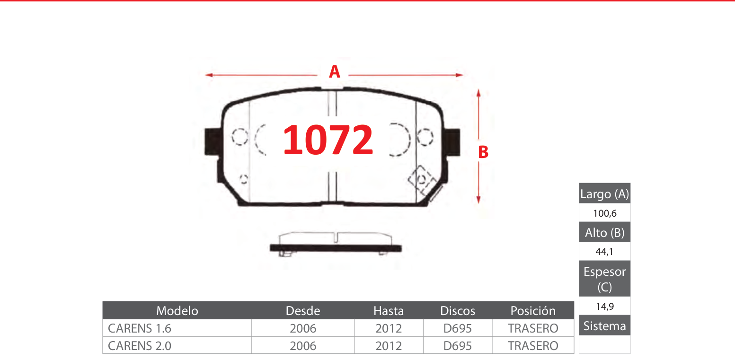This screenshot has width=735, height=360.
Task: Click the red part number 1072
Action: point(328,140)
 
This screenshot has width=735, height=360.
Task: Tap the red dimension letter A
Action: point(334,71)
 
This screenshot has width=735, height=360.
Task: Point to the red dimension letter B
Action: point(483,152)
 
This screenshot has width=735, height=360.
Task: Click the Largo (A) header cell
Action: point(604,193)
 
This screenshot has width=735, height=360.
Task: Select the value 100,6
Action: point(604,213)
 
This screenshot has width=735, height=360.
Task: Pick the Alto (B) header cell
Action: point(604,232)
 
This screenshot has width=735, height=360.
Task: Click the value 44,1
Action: point(604,252)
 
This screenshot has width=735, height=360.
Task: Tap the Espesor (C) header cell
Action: point(604,279)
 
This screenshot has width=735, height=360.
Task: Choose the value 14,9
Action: point(604,306)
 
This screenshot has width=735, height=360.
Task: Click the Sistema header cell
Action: point(604,325)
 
